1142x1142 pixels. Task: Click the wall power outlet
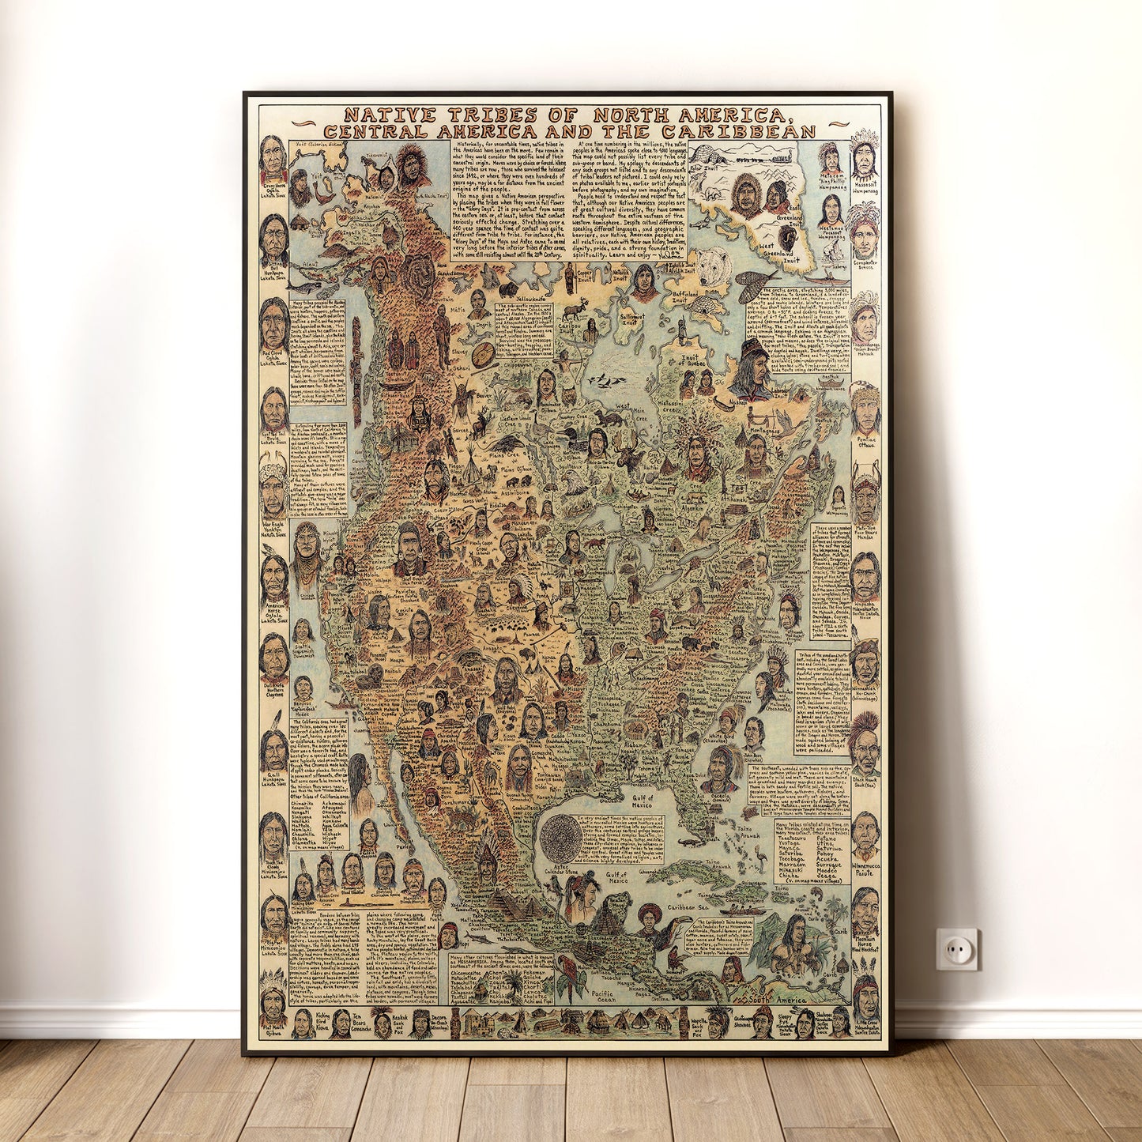coord(957,948)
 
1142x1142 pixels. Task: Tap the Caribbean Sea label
coord(689,909)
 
